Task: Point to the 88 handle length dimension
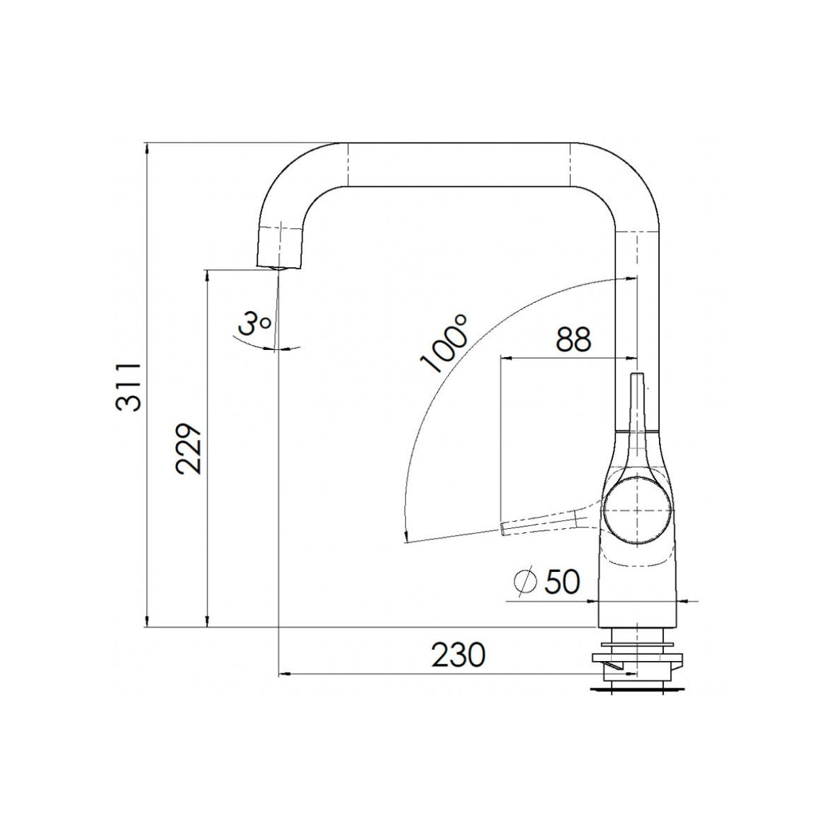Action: [573, 339]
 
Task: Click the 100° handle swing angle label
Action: [443, 344]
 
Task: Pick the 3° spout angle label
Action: [254, 323]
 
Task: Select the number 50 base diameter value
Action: [562, 582]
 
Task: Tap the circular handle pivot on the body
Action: [637, 511]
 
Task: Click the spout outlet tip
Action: [279, 267]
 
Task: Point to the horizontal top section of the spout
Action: [459, 165]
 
